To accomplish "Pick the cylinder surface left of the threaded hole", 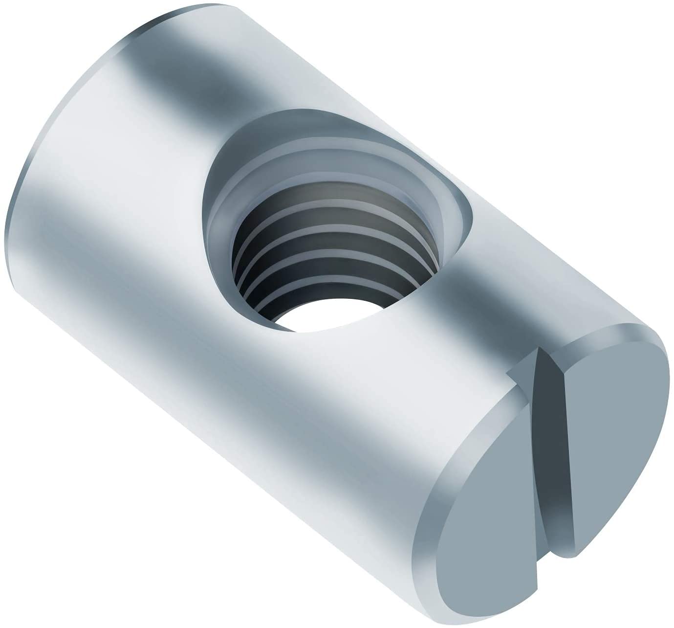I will pos(147,220).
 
